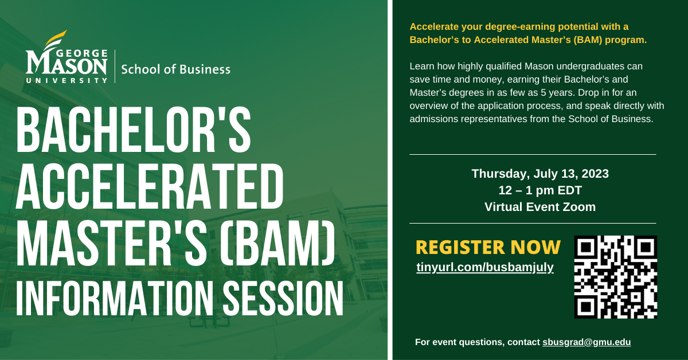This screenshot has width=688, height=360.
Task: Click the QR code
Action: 616,277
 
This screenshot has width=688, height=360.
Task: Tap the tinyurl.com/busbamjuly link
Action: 484,267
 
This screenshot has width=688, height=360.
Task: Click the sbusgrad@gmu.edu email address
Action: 587,342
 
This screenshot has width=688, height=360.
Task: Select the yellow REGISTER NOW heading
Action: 487,247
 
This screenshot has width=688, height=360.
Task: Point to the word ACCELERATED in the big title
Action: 150,187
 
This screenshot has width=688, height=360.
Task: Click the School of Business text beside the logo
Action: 175,69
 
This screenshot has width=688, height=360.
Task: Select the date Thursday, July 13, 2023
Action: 540,174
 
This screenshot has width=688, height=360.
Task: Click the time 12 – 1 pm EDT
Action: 540,190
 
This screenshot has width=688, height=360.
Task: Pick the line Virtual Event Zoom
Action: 540,207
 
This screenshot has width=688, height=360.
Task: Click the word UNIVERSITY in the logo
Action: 67,81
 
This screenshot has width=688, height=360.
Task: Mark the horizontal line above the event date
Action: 533,155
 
